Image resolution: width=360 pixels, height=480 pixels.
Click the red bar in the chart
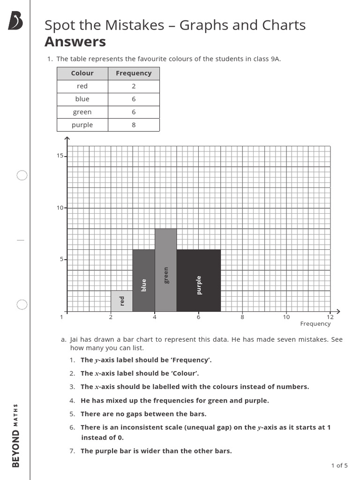coord(121,301)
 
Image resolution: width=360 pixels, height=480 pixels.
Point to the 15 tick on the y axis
coord(60,156)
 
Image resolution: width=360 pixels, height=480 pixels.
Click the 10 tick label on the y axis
coord(60,208)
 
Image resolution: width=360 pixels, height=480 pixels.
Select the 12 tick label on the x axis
coord(330,317)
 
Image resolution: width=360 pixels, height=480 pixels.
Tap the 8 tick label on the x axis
coord(242,317)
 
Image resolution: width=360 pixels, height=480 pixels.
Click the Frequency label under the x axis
coord(315,324)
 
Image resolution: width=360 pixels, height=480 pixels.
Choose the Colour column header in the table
coord(82,73)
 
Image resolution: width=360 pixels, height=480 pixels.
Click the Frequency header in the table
coord(134,73)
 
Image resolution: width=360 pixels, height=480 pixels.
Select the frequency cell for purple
coord(134,125)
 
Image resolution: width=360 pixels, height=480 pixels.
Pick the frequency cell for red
coord(134,86)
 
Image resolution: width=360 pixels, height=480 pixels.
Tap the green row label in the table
coord(82,112)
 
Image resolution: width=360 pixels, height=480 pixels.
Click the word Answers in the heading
coord(75,42)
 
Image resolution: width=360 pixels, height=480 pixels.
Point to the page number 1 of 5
coord(339,465)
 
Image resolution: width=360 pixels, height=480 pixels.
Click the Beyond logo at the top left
coord(15,21)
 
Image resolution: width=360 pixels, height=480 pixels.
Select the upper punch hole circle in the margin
coord(22,175)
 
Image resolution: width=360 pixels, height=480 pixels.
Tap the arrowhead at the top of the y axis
coord(67,139)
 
